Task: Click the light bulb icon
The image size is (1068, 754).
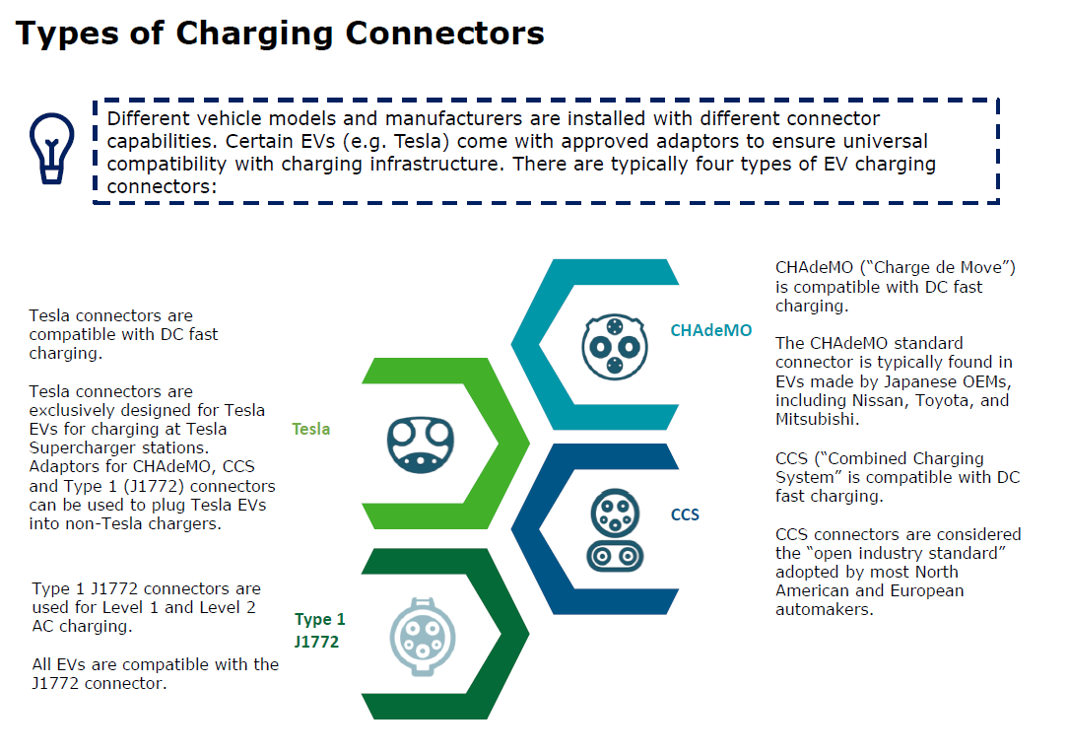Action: [x=51, y=148]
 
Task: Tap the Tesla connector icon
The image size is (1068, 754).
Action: [x=420, y=442]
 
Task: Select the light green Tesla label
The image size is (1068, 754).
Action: [x=311, y=430]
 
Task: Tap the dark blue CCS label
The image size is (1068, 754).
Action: [x=685, y=514]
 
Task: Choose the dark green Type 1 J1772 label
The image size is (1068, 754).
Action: [x=320, y=631]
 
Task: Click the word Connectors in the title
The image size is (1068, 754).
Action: [x=444, y=34]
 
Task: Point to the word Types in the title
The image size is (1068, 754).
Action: [x=61, y=34]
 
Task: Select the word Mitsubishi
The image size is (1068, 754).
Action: [x=817, y=420]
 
